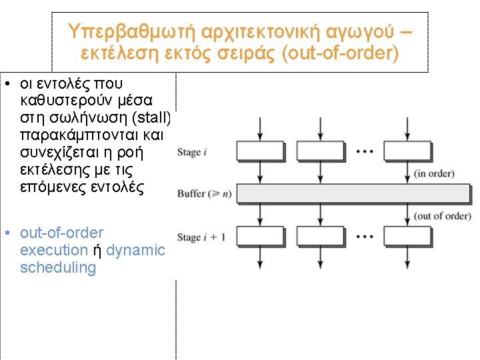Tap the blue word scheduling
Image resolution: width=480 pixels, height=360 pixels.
(x=58, y=268)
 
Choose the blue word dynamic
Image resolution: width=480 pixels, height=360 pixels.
(x=135, y=251)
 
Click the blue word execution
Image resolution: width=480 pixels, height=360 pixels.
(x=54, y=251)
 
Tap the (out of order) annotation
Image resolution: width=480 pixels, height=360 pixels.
(x=442, y=216)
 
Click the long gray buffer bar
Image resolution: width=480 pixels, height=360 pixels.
(x=354, y=194)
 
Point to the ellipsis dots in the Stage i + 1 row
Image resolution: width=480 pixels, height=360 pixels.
(x=363, y=235)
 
